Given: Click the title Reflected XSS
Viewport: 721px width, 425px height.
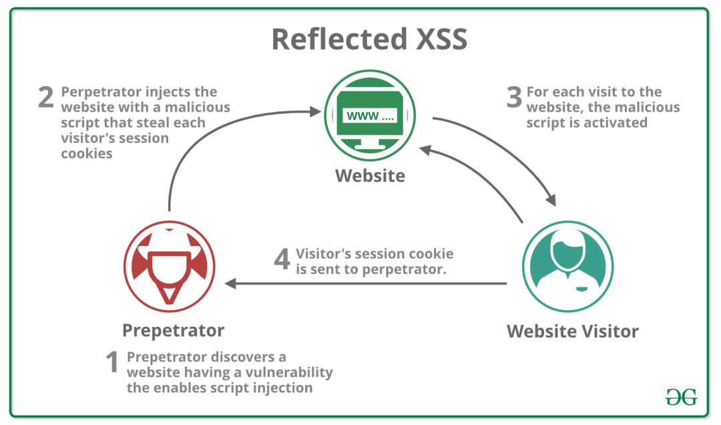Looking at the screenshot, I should (x=369, y=39).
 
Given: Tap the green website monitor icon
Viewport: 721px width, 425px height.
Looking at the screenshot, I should (x=370, y=116).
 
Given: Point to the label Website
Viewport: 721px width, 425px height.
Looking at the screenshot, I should (x=370, y=176).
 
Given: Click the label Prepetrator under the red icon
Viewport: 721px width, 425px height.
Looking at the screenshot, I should (x=173, y=330).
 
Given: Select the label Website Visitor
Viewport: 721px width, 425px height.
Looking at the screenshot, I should (x=572, y=331).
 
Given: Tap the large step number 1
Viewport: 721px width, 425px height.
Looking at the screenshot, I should (x=112, y=364).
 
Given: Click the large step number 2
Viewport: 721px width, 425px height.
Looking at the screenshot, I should (x=45, y=98).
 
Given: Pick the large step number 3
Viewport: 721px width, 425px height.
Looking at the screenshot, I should (x=513, y=98).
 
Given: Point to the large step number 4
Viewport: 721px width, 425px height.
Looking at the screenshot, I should (x=282, y=261).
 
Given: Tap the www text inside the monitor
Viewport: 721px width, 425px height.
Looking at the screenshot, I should (x=360, y=116).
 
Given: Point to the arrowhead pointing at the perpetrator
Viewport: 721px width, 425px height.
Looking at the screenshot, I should (x=230, y=284).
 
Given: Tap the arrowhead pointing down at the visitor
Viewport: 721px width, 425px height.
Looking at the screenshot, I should (x=551, y=200).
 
